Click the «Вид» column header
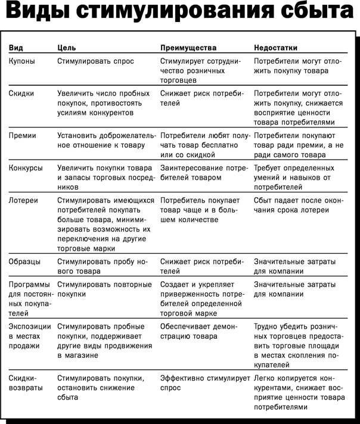click(17, 48)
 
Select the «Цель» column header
click(66, 48)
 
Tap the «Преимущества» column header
click(188, 48)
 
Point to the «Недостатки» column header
click(276, 48)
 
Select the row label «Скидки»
click(22, 93)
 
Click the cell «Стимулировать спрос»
click(95, 61)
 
